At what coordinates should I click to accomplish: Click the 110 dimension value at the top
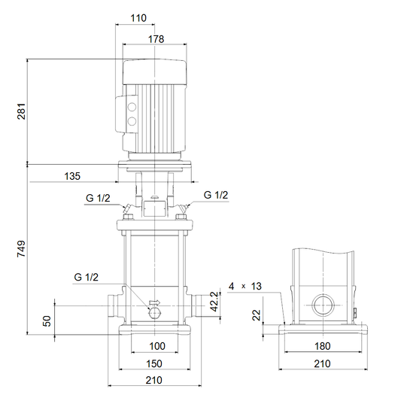tap(138, 18)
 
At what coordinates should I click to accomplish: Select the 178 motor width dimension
tap(156, 39)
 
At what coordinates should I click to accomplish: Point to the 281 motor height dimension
tap(22, 111)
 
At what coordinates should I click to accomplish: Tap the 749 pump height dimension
tap(22, 248)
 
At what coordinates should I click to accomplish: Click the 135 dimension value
tap(72, 176)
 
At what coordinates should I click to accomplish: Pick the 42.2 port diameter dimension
tap(215, 302)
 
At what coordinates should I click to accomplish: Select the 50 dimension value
tap(47, 321)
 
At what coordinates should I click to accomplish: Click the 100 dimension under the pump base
tap(157, 346)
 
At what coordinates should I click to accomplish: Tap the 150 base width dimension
tap(154, 363)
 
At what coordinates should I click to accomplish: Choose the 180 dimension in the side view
tap(323, 346)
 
